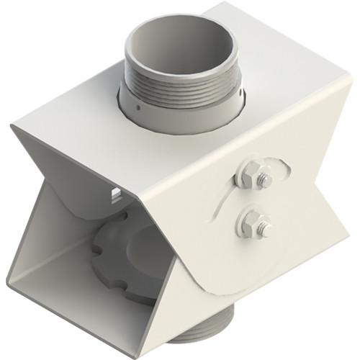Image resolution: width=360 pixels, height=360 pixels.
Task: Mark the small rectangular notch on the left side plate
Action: pyautogui.click(x=115, y=193)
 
